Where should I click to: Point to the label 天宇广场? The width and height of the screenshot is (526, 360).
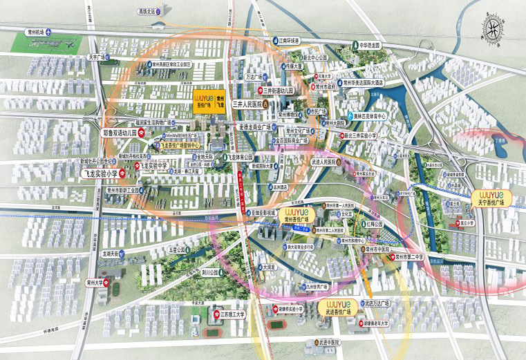point(95,57)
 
